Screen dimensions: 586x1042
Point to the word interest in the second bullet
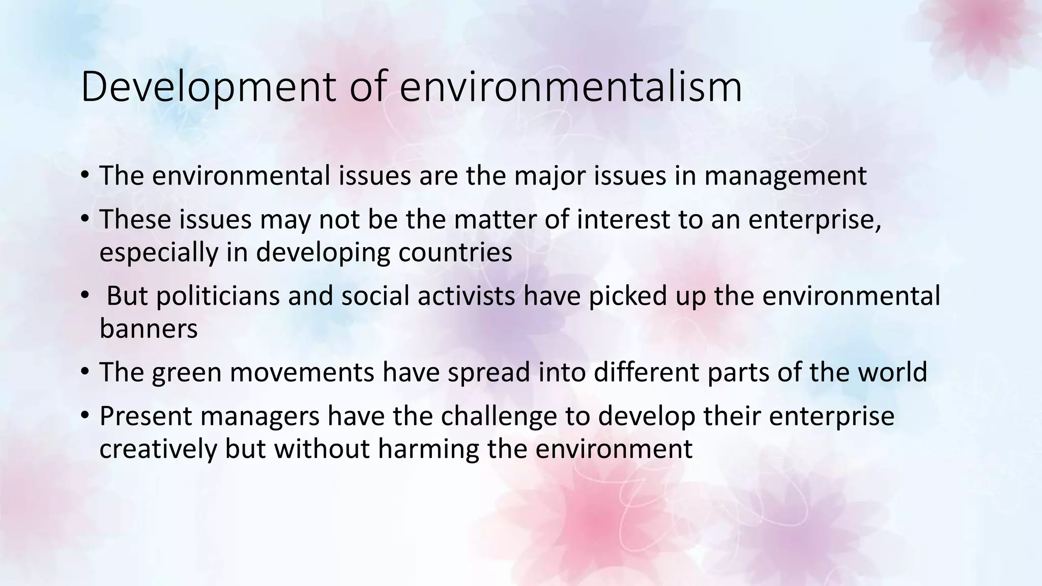pos(623,220)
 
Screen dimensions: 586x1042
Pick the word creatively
pos(158,449)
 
